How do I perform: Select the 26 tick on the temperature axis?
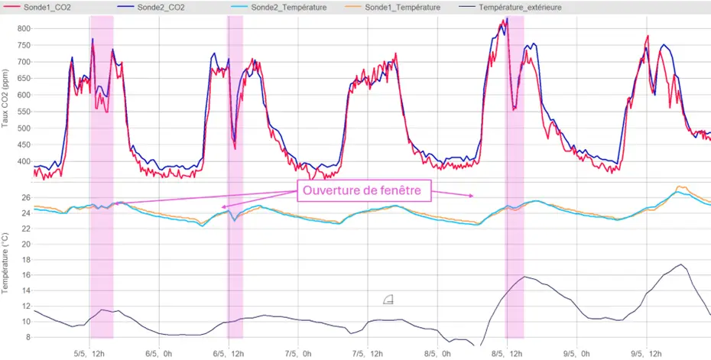(24, 198)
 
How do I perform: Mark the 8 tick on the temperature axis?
(27, 337)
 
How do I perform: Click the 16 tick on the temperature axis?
(24, 275)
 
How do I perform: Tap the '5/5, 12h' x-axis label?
(89, 354)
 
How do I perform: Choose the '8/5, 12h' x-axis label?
(506, 354)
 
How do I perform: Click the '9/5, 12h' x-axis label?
(646, 354)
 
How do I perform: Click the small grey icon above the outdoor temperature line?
(388, 299)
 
